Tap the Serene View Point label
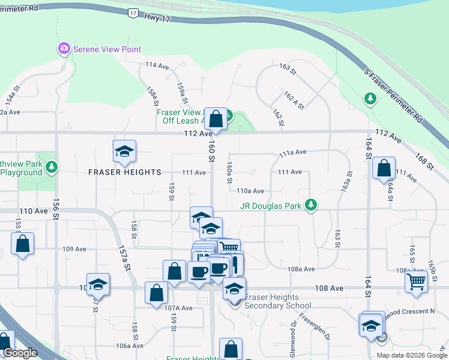(x=107, y=49)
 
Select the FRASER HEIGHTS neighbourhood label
(x=125, y=172)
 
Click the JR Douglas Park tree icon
(x=310, y=205)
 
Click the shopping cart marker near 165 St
(x=416, y=281)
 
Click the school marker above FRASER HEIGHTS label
(x=124, y=151)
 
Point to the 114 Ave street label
(x=157, y=65)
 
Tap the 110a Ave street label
(x=250, y=191)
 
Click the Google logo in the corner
(x=20, y=353)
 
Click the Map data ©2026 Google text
(x=411, y=355)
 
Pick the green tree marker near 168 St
(x=370, y=98)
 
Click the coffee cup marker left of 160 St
(x=199, y=271)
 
